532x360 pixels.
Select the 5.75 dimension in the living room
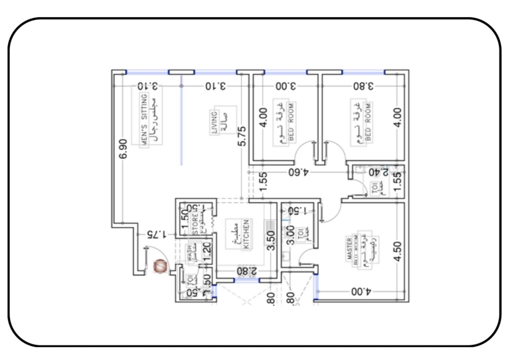[242, 136]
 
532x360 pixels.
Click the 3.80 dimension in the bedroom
[364, 86]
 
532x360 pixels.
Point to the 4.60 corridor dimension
[298, 172]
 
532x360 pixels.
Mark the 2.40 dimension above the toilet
[379, 172]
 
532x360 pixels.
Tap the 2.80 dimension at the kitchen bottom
[246, 271]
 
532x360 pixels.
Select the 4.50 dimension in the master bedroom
[397, 251]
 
